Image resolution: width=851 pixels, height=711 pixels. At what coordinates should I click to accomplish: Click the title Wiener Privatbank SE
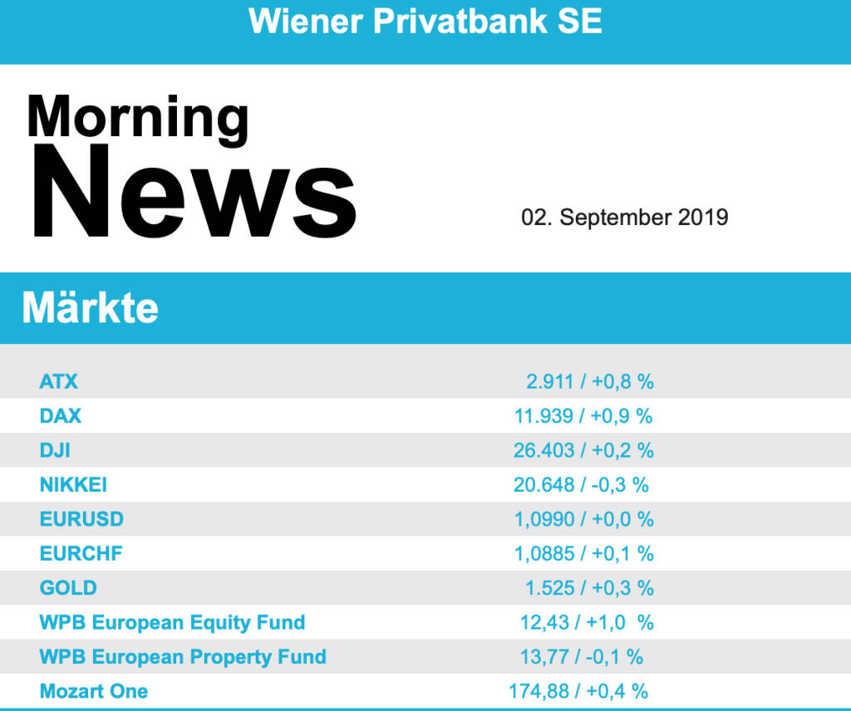[425, 22]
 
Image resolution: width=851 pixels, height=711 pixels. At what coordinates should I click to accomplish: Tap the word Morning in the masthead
[138, 117]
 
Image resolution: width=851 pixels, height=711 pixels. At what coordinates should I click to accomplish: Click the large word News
[193, 193]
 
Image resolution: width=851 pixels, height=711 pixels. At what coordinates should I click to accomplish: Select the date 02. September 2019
[625, 218]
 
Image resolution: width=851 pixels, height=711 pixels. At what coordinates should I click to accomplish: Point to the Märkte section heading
[90, 308]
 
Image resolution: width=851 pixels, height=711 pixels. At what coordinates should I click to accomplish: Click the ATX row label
[58, 382]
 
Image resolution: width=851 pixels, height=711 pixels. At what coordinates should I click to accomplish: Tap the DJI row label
[55, 450]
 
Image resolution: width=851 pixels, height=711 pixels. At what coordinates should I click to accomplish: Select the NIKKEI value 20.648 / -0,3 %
[581, 485]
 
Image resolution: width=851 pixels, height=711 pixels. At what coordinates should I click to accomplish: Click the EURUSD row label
[81, 519]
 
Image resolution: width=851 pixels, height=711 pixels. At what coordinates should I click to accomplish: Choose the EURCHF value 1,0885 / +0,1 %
[583, 553]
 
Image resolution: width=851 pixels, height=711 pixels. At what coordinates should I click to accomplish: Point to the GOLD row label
[68, 588]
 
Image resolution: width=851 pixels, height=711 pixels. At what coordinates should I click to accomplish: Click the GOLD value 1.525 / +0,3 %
[589, 588]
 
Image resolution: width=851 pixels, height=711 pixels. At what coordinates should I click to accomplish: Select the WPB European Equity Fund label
[172, 622]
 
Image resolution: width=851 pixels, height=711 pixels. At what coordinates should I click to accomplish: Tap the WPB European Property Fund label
[183, 657]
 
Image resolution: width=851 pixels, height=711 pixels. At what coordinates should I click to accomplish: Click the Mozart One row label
[94, 691]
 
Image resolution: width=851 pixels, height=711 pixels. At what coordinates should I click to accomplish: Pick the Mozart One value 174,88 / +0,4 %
[578, 691]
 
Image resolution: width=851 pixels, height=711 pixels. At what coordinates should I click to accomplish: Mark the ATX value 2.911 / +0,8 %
[590, 382]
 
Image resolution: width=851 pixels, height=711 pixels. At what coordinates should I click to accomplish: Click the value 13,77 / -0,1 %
[582, 657]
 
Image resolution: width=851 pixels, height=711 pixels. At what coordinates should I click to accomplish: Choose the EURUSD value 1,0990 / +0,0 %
[583, 519]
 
